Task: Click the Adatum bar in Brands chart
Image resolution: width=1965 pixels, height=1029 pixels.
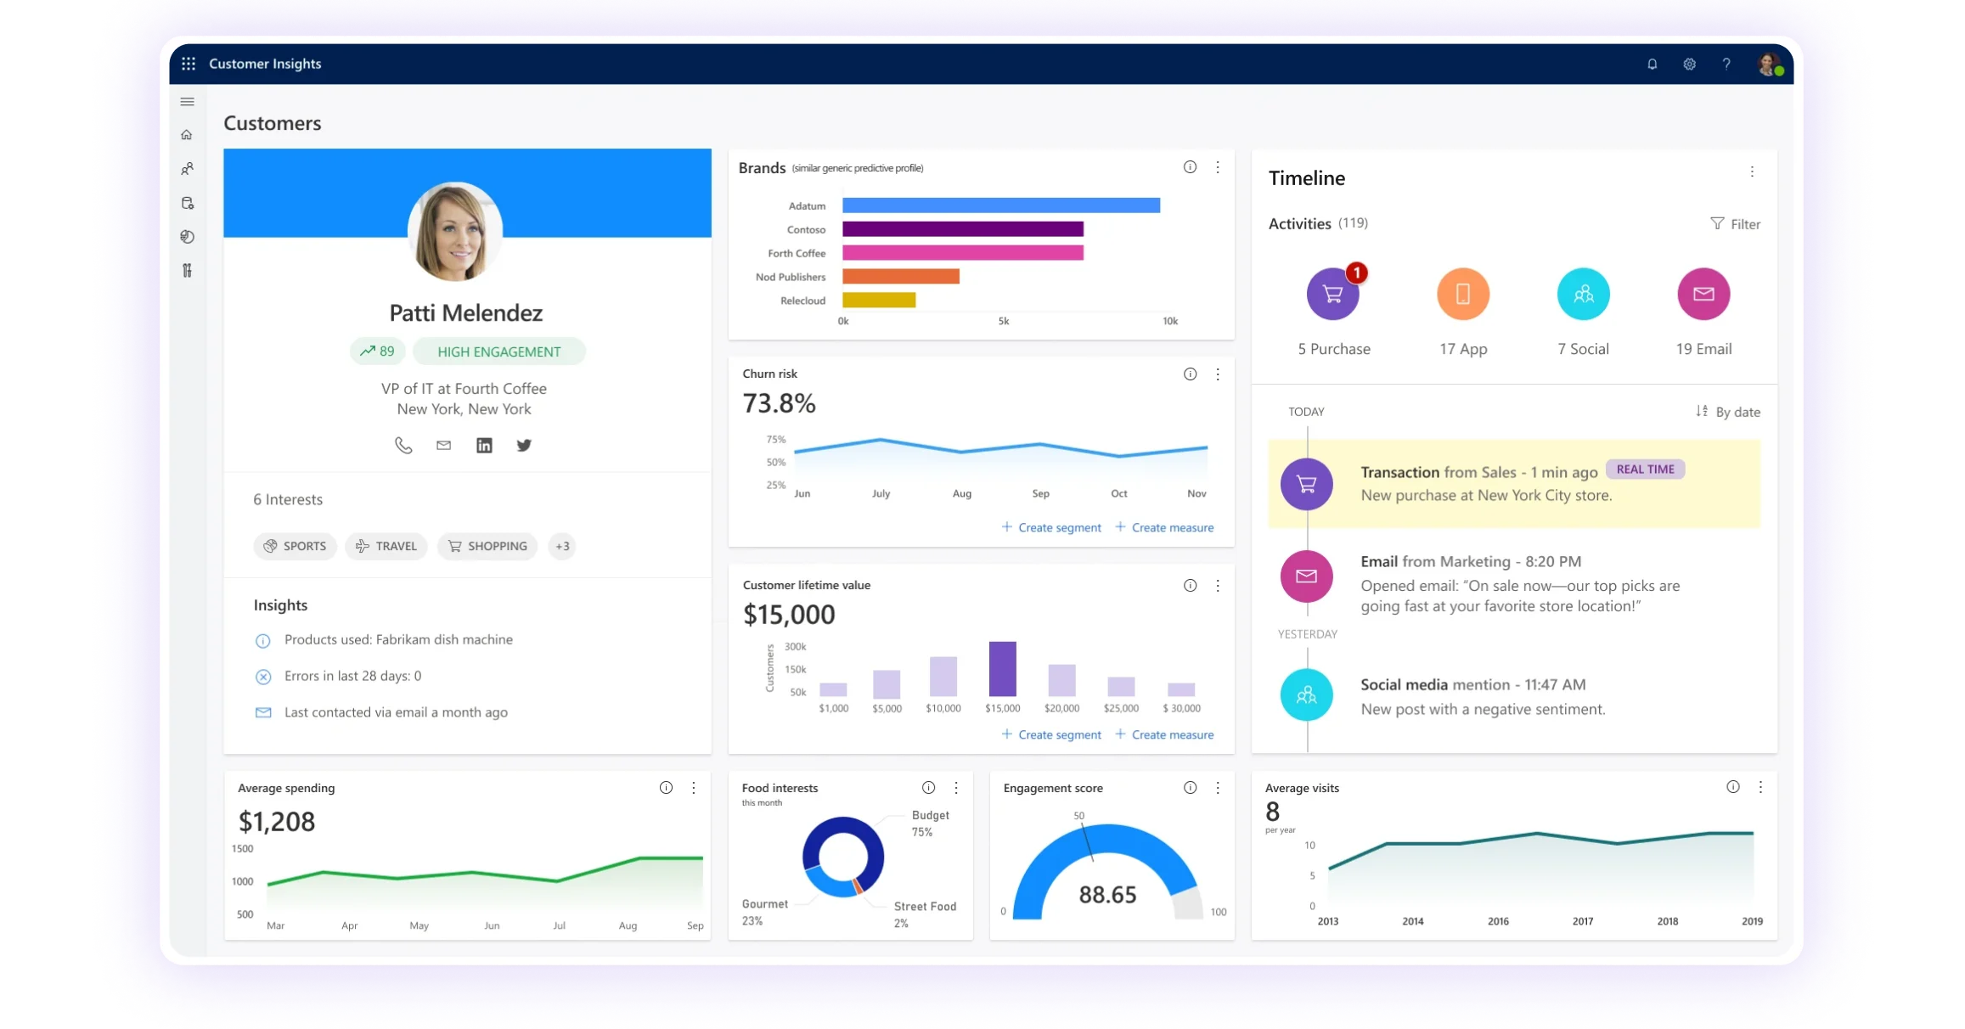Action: tap(1000, 205)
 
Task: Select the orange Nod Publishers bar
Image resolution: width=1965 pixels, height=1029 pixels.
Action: tap(900, 277)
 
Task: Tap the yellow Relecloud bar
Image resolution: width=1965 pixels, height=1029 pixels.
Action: tap(878, 301)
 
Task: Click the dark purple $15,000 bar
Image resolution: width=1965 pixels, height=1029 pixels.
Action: tap(1002, 669)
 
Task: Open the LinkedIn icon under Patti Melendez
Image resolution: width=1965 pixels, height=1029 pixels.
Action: tap(484, 446)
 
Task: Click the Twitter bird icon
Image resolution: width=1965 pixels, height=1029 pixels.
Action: tap(524, 446)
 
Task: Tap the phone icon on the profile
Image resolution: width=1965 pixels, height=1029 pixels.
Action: tap(403, 446)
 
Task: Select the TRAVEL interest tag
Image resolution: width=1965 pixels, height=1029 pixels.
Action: tap(386, 546)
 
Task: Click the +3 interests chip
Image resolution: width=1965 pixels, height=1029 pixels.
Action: tap(562, 546)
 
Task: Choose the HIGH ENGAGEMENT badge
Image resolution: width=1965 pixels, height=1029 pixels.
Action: tap(498, 351)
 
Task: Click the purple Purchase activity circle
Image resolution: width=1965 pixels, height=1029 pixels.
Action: tap(1332, 295)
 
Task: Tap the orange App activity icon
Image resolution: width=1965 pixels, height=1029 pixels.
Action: tap(1462, 295)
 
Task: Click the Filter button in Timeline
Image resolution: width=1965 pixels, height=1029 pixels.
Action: tap(1735, 224)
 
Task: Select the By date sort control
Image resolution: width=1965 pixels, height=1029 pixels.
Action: tap(1728, 412)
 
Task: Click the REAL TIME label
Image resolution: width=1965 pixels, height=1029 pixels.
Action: tap(1645, 470)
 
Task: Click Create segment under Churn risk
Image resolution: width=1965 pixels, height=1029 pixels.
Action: tap(1051, 527)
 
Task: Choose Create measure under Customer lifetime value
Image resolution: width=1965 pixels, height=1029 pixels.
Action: tap(1164, 734)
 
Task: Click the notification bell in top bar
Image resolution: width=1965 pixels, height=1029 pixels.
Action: tap(1652, 64)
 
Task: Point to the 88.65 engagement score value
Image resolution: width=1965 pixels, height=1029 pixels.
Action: tap(1107, 894)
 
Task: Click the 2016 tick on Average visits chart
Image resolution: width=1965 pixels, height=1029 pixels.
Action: tap(1498, 921)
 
